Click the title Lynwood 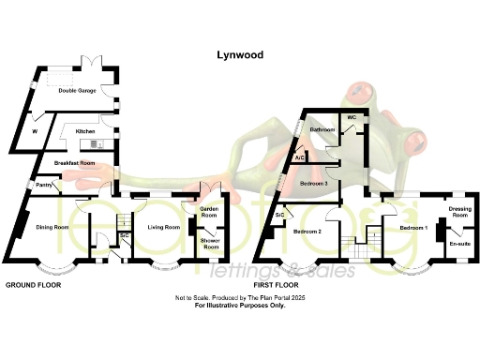(x=239, y=55)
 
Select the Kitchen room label (x=86, y=132)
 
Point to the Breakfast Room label (x=75, y=163)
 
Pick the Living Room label (x=165, y=227)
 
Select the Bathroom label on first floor (x=323, y=128)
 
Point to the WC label (x=352, y=117)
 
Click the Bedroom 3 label (x=313, y=185)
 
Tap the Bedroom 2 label (x=307, y=230)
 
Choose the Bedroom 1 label (x=413, y=227)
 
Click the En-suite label (x=459, y=244)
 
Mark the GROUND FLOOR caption (x=35, y=284)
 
